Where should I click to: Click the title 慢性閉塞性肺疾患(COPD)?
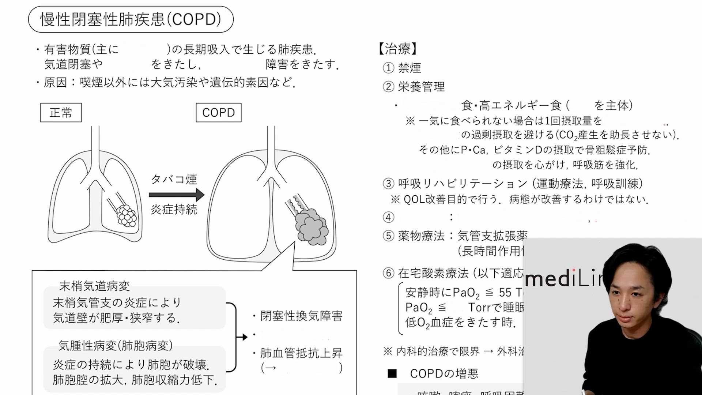click(x=131, y=19)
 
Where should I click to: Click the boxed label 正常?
click(x=61, y=113)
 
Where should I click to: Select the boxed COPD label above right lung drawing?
click(x=218, y=113)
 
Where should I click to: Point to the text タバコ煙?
click(x=174, y=179)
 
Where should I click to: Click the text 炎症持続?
click(x=174, y=210)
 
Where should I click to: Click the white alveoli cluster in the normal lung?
click(x=127, y=215)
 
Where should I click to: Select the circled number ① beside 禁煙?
click(x=388, y=68)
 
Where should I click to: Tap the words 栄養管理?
click(x=421, y=87)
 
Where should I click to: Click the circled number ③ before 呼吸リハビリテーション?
click(x=388, y=184)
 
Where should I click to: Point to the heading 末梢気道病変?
click(x=94, y=286)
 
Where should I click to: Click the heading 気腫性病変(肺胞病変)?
click(x=116, y=345)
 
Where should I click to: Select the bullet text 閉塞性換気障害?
click(x=301, y=316)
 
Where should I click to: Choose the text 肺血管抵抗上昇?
click(x=301, y=353)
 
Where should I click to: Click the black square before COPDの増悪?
click(x=392, y=373)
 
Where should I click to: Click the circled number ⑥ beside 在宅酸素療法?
click(x=388, y=273)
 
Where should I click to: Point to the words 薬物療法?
click(x=421, y=236)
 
